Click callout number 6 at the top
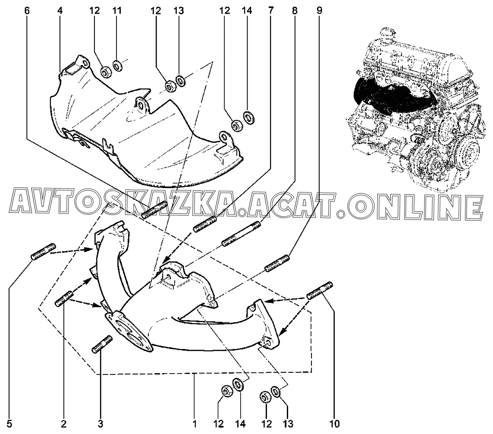(27, 11)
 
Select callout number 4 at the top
(60, 11)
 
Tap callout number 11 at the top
(117, 11)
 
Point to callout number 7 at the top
(271, 11)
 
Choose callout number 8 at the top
(295, 11)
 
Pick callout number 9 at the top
(319, 11)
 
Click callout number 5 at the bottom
(9, 424)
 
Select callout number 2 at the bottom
(64, 424)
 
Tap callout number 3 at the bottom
(100, 424)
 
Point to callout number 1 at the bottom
(195, 424)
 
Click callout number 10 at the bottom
(335, 424)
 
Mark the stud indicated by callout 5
(44, 252)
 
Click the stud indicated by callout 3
(102, 344)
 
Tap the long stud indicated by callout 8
(241, 234)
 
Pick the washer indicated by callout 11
(118, 66)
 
